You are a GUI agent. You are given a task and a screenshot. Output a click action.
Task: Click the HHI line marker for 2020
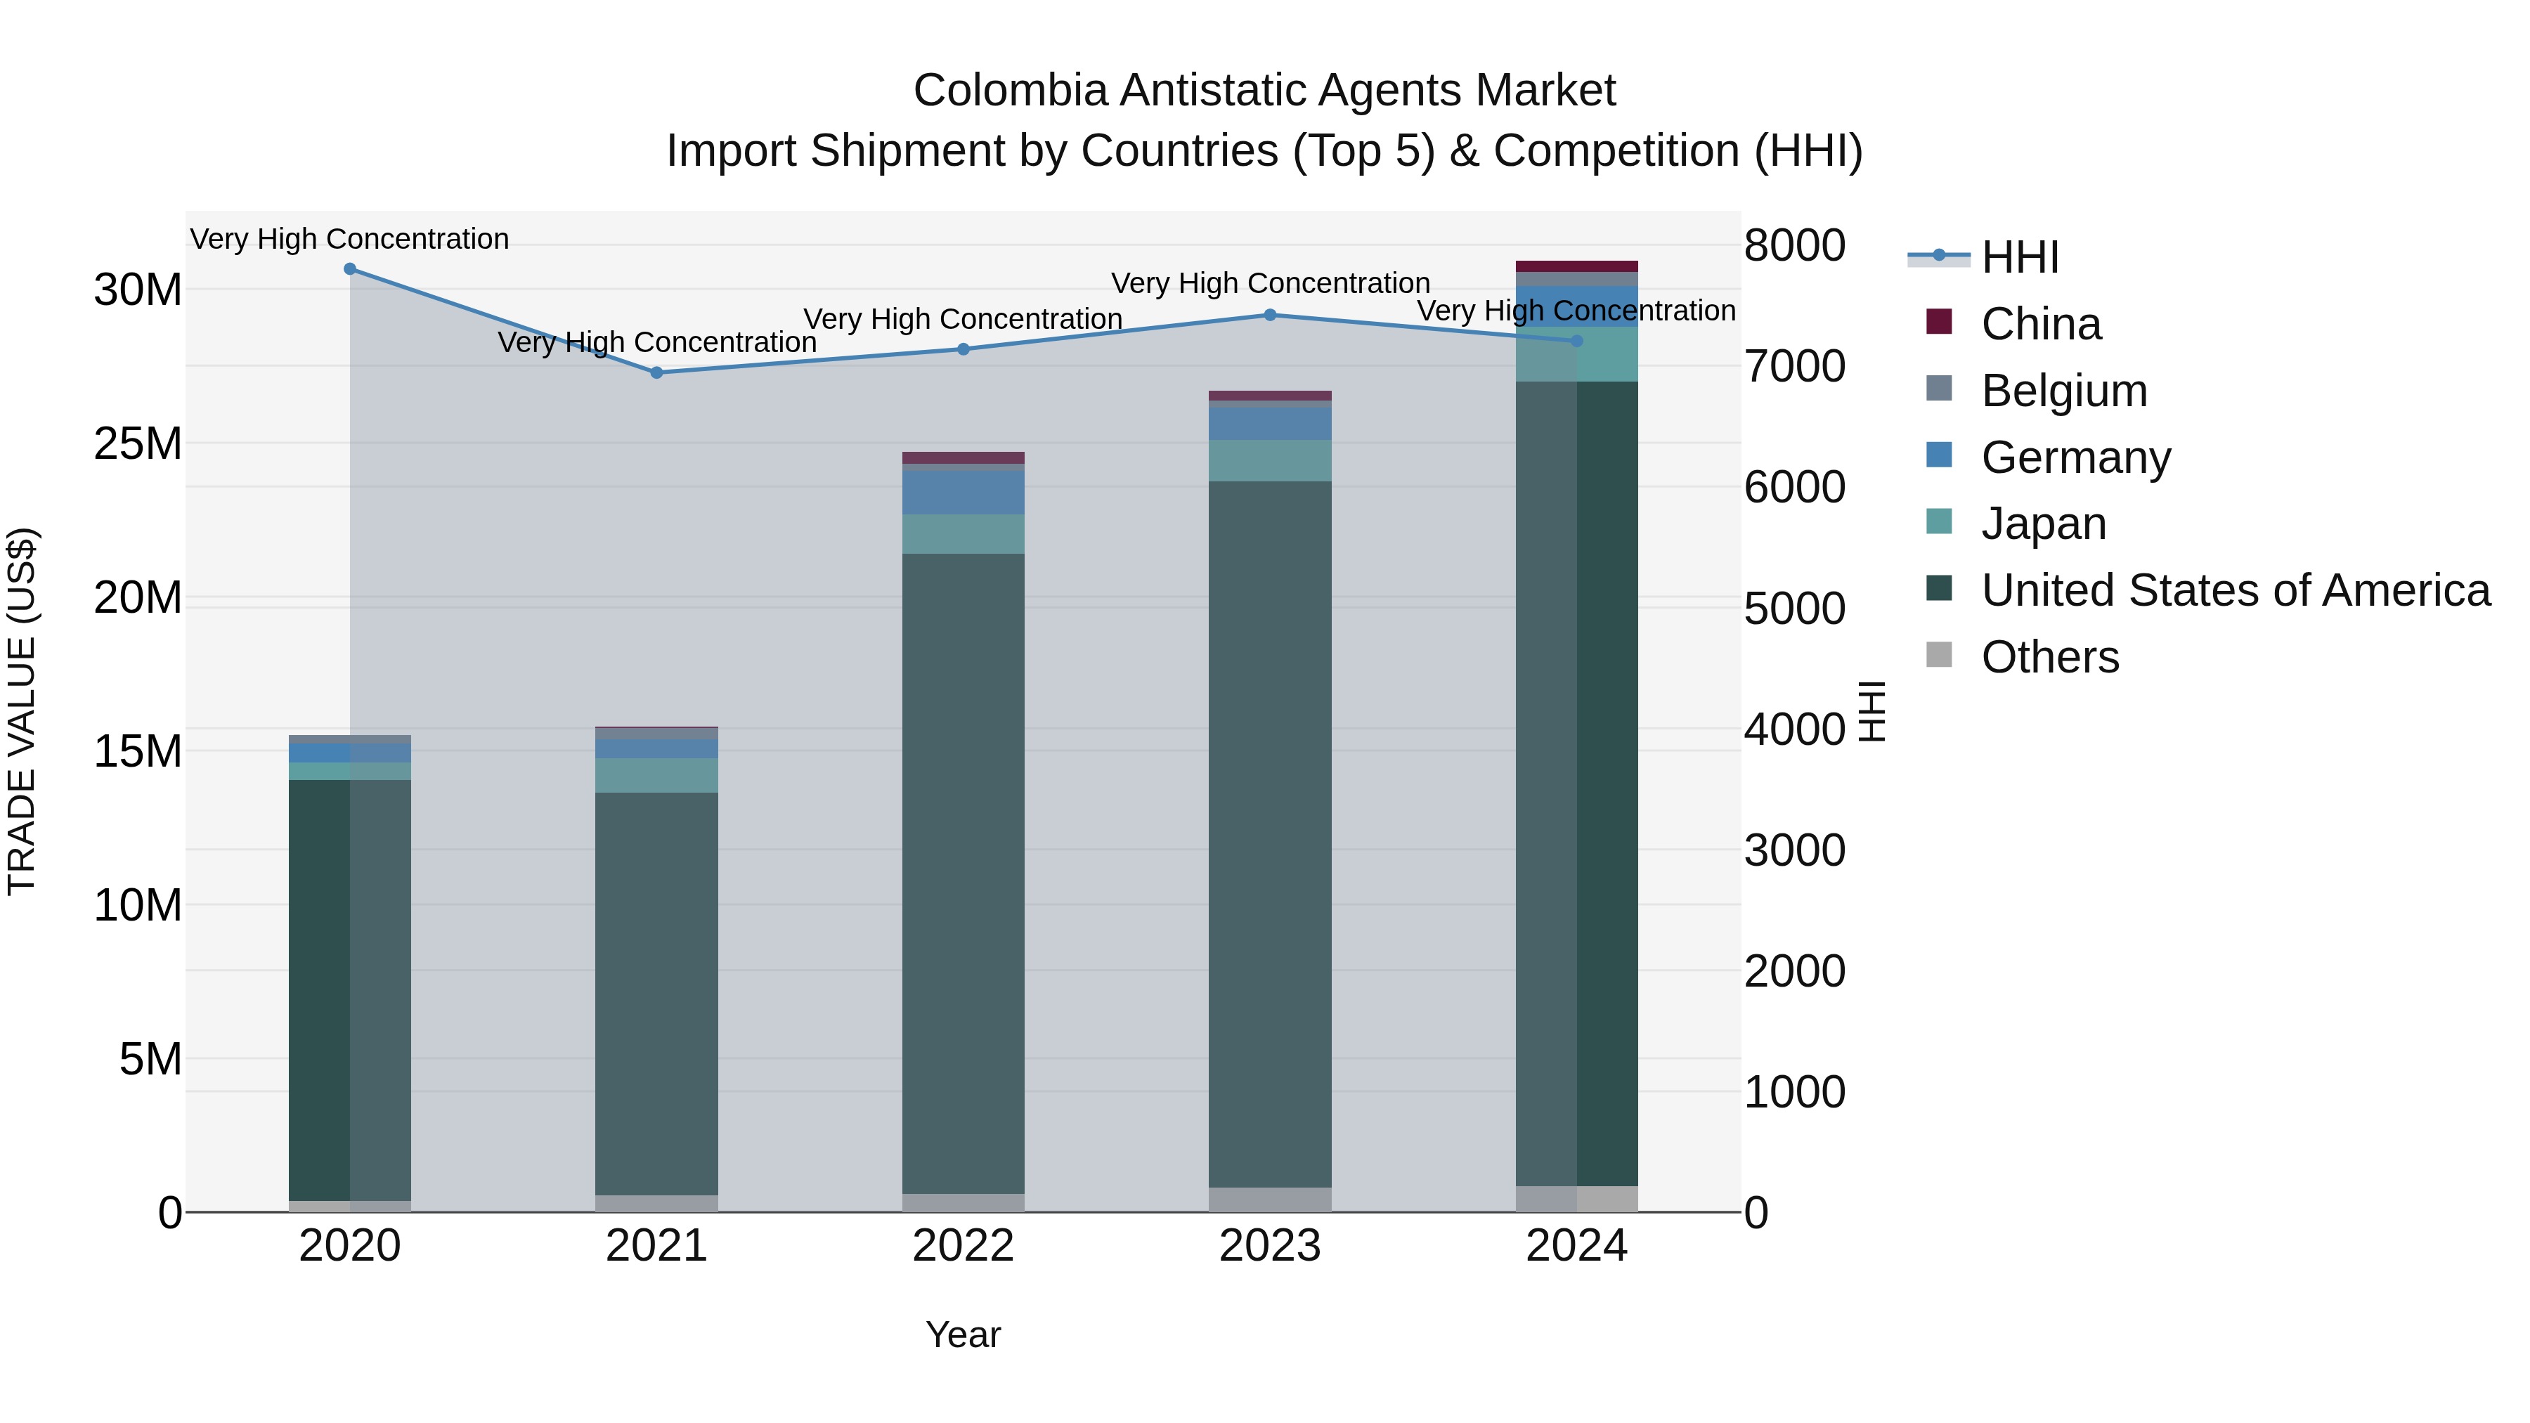pyautogui.click(x=350, y=269)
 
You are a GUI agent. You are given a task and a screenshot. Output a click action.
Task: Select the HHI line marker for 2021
pyautogui.click(x=657, y=372)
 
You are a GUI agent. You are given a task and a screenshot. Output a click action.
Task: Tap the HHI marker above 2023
pyautogui.click(x=1270, y=316)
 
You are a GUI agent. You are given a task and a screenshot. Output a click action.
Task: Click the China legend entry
pyautogui.click(x=2041, y=324)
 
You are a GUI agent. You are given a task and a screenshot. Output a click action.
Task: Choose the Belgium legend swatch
pyautogui.click(x=1939, y=389)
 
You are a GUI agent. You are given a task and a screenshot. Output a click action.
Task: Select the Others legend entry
pyautogui.click(x=2050, y=657)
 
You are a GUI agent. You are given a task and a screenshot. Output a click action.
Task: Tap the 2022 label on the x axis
pyautogui.click(x=963, y=1246)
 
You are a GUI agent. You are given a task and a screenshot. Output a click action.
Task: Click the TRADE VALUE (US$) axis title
pyautogui.click(x=22, y=711)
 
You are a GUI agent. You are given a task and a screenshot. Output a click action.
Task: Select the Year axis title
pyautogui.click(x=963, y=1334)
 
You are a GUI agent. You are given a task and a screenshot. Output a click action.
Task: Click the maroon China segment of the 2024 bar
pyautogui.click(x=1576, y=266)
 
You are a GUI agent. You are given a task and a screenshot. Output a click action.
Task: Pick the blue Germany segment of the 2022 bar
pyautogui.click(x=963, y=492)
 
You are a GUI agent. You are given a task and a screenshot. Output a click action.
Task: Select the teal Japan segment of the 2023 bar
pyautogui.click(x=1270, y=460)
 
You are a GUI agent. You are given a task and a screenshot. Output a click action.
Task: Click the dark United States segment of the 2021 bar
pyautogui.click(x=657, y=992)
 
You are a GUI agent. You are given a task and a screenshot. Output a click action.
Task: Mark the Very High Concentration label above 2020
pyautogui.click(x=350, y=239)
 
